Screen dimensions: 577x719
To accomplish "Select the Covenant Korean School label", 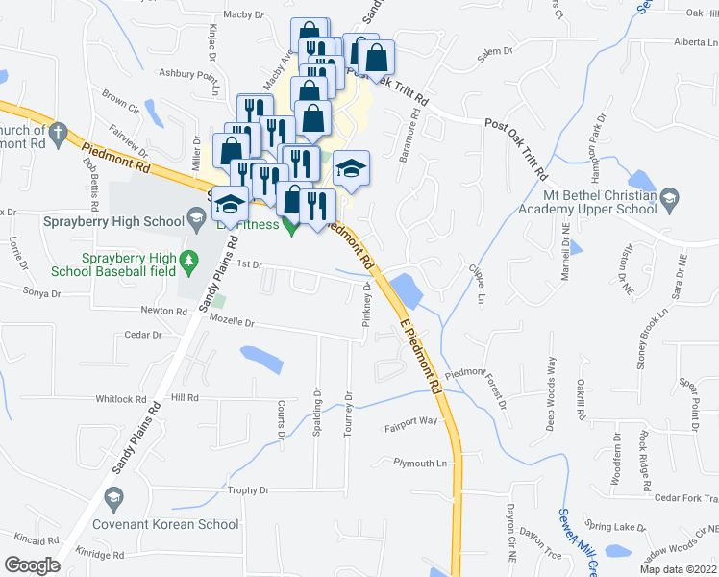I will pyautogui.click(x=165, y=524).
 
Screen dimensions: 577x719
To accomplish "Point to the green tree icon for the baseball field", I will pyautogui.click(x=190, y=260).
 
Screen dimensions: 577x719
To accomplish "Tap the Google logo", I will pyautogui.click(x=32, y=564).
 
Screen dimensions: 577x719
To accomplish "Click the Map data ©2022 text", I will pyautogui.click(x=679, y=569).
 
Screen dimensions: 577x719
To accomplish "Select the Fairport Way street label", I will pyautogui.click(x=411, y=421).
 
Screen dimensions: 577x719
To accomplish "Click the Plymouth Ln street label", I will pyautogui.click(x=421, y=463).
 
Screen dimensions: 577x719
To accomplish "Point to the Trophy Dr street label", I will pyautogui.click(x=248, y=490).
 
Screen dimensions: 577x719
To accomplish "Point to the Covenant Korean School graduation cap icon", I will pyautogui.click(x=113, y=498).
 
